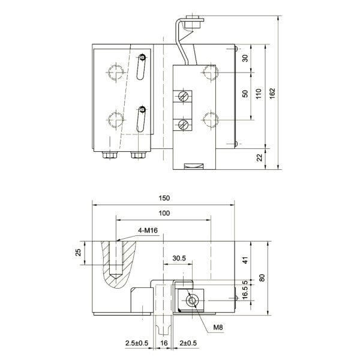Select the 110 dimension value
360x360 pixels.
click(259, 94)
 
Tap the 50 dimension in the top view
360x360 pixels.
click(245, 94)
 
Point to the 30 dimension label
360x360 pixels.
click(245, 59)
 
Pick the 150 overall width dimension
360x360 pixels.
click(164, 199)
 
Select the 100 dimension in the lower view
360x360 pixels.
click(164, 213)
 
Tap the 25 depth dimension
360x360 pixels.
click(78, 253)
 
